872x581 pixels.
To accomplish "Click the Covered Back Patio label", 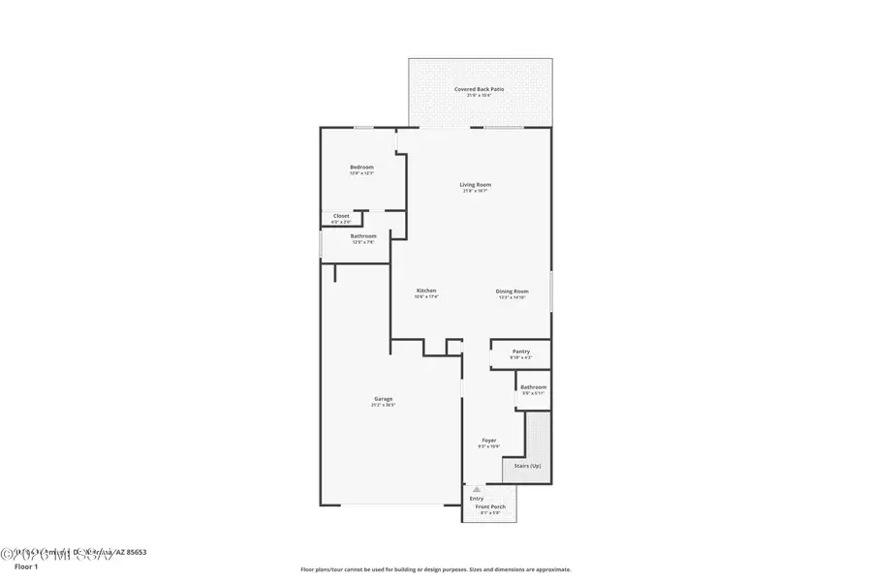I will coord(480,89).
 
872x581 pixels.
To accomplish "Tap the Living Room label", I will coord(475,185).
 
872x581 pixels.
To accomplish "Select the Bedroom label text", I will coord(361,168).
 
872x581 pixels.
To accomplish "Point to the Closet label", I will coord(341,216).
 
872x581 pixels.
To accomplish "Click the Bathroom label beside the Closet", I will coord(363,236).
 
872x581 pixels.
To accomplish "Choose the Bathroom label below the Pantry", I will coord(534,387).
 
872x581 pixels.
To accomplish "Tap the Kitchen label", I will coord(426,290).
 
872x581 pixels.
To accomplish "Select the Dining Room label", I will coord(512,291).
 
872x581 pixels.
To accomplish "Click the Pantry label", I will coord(521,352).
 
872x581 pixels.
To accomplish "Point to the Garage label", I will coord(384,399).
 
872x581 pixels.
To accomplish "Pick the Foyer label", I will coord(489,440).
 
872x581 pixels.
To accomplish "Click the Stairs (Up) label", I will coord(528,466).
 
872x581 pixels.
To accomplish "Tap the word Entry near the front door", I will coord(476,499).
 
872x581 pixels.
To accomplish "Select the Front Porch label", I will coord(490,506).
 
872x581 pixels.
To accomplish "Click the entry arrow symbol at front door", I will coord(476,490).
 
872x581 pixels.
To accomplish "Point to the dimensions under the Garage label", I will coord(384,405).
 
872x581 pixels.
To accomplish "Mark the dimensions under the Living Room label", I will coord(475,191).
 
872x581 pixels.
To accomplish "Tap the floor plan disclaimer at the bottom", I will coord(435,569).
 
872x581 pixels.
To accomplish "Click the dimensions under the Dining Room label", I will coord(512,297).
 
